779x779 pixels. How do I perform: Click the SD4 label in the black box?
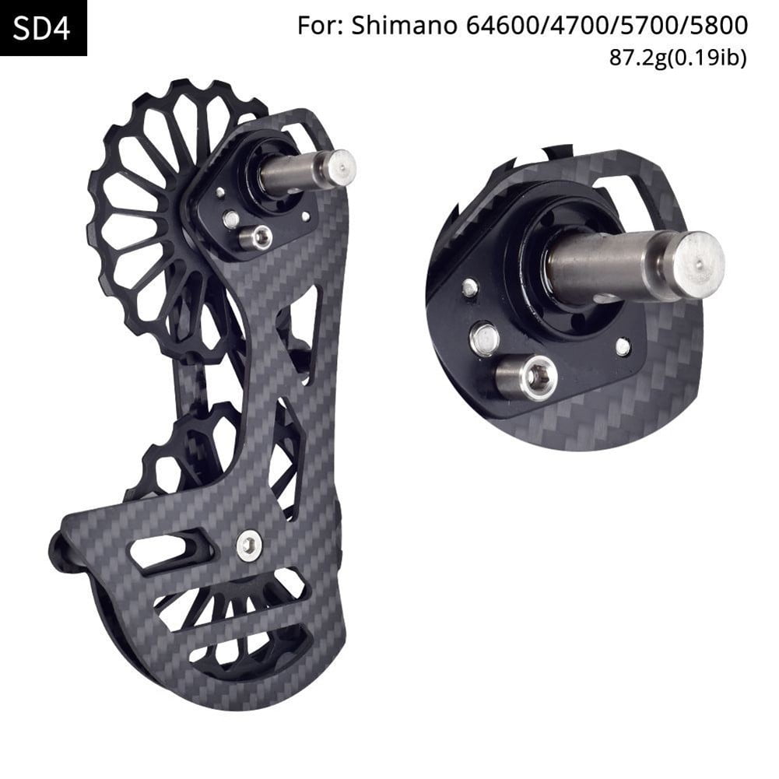click(44, 29)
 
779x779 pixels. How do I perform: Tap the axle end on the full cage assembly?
click(339, 167)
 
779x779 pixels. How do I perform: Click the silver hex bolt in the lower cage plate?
click(249, 545)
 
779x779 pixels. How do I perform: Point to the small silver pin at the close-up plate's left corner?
click(468, 288)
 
